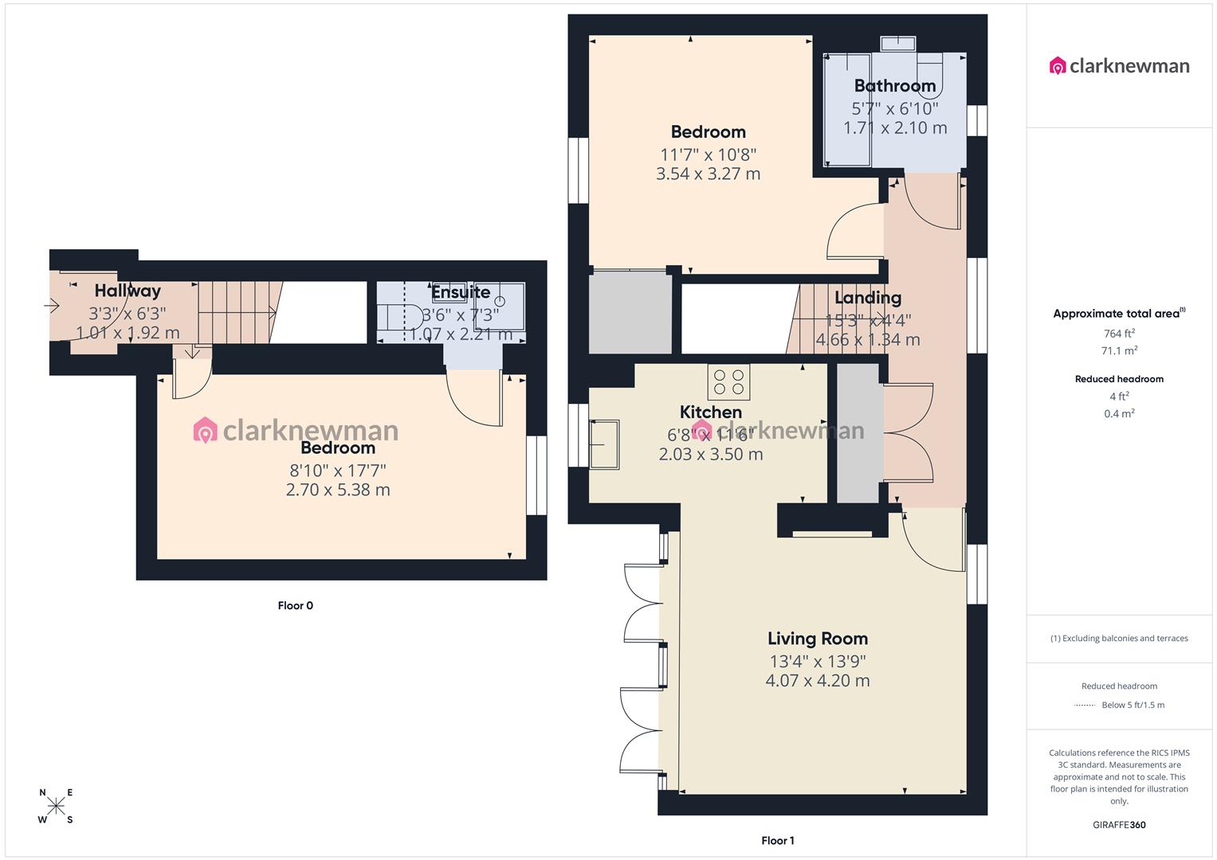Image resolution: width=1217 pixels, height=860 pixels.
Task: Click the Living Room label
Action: [817, 639]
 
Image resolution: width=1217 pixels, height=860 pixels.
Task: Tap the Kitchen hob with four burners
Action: [728, 381]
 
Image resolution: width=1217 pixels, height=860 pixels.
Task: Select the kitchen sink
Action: [603, 444]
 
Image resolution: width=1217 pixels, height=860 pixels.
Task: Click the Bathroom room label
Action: [894, 86]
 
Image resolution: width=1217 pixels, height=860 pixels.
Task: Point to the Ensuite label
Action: [461, 292]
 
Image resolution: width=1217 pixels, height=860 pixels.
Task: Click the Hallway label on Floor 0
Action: [128, 291]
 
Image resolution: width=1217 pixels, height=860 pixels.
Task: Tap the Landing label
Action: [867, 298]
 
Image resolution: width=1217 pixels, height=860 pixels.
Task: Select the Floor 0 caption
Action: [295, 606]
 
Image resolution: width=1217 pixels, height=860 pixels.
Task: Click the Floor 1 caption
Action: [777, 841]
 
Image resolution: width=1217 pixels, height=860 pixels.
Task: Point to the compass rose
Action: [56, 806]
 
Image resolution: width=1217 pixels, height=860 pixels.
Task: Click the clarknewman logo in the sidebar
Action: [1119, 66]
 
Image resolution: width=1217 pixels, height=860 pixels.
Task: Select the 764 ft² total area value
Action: [1119, 334]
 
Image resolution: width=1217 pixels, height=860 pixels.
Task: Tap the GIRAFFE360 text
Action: [1119, 825]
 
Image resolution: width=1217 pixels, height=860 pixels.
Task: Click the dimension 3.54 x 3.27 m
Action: [708, 174]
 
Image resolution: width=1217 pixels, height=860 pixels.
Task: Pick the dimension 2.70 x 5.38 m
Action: [338, 491]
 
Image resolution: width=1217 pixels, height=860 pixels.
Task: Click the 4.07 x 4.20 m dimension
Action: [817, 681]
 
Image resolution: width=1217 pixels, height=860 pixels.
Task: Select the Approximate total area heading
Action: [1117, 314]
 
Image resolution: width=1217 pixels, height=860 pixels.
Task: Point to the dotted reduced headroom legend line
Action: [1085, 706]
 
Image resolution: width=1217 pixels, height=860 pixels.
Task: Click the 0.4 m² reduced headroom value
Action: [1119, 414]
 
